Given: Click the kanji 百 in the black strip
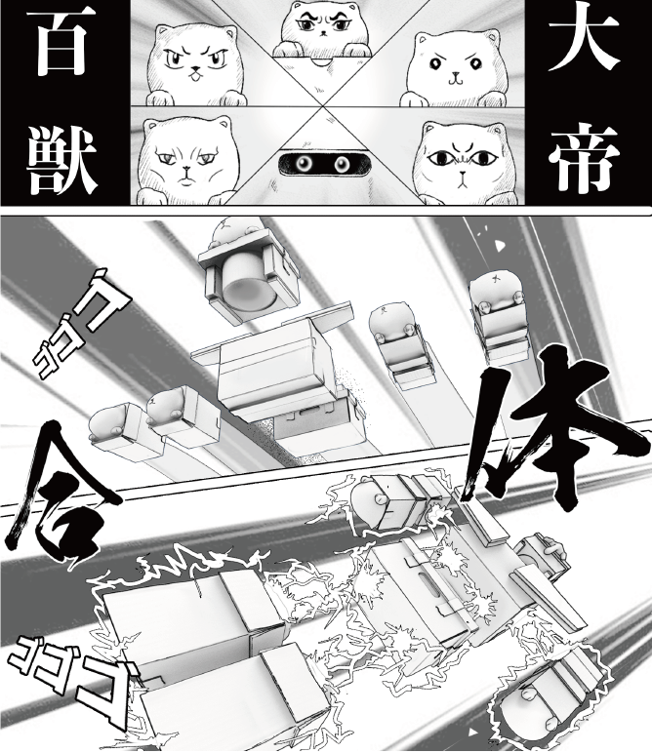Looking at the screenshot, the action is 61,44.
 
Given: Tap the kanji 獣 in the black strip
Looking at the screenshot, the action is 61,157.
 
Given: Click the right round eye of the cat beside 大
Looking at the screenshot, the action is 474,62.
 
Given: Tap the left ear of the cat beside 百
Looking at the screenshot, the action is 161,34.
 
